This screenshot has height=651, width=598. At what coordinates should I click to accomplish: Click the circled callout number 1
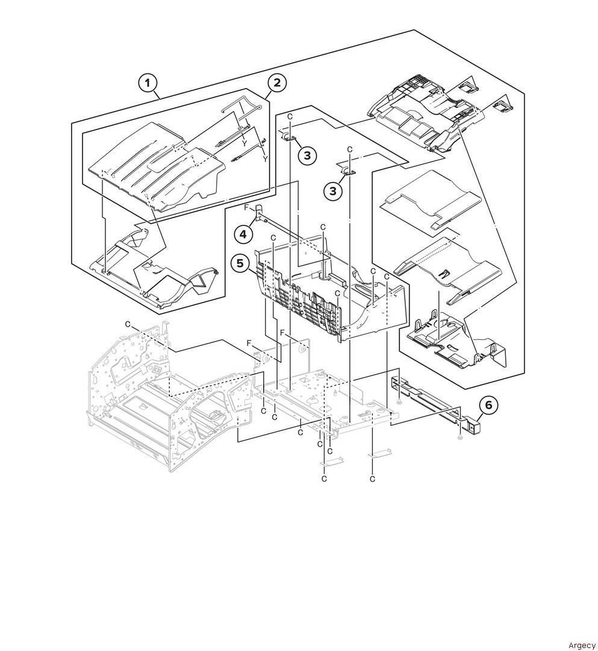[x=148, y=83]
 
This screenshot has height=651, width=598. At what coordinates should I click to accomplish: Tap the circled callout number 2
[x=276, y=82]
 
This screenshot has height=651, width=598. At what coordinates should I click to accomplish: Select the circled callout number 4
[x=243, y=234]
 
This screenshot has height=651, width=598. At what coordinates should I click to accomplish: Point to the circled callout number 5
[x=240, y=263]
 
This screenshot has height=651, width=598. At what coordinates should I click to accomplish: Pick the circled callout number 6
[x=489, y=404]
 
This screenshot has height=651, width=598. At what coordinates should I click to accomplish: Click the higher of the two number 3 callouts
[x=307, y=156]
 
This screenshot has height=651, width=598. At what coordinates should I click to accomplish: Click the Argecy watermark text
[x=582, y=645]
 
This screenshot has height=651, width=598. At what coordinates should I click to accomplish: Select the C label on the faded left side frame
[x=128, y=324]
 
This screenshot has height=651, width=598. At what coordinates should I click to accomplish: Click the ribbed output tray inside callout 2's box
[x=158, y=166]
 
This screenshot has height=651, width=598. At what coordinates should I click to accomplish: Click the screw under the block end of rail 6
[x=460, y=437]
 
